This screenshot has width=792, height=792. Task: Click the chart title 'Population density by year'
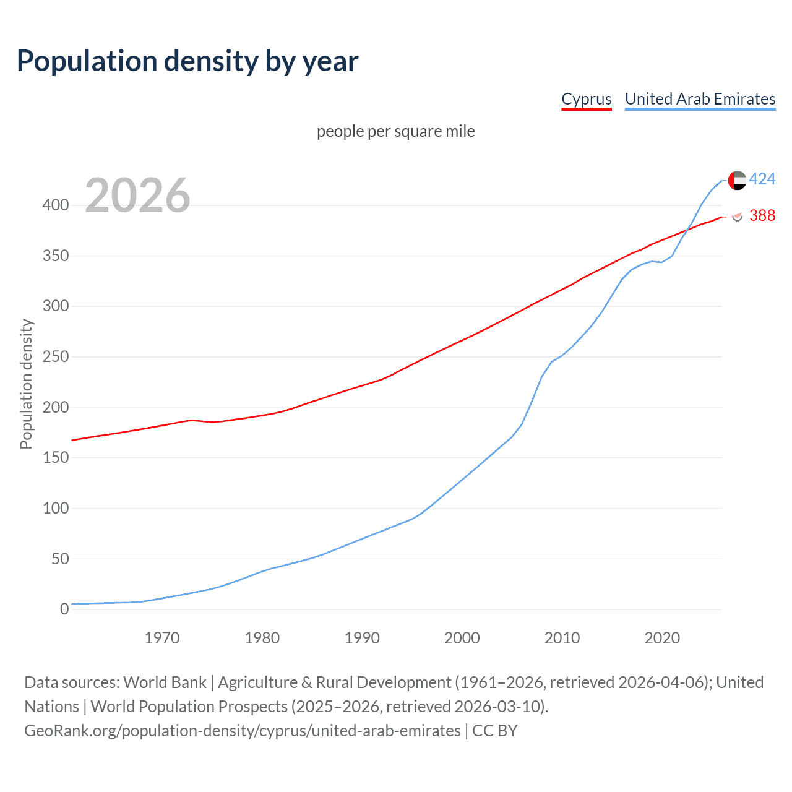click(x=187, y=61)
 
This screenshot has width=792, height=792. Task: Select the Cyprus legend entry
click(x=586, y=99)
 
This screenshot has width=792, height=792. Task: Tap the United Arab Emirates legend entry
click(x=700, y=99)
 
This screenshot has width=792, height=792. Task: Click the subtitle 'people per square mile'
click(x=395, y=132)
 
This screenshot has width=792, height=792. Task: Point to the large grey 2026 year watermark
click(x=137, y=196)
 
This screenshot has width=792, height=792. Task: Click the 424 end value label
click(x=762, y=179)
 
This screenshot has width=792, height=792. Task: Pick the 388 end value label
click(x=762, y=215)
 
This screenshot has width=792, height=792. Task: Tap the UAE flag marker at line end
click(x=737, y=180)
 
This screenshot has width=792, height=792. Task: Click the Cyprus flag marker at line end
click(x=737, y=216)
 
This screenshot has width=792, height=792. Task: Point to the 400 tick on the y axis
click(x=56, y=205)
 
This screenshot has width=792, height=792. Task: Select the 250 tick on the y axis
click(x=56, y=357)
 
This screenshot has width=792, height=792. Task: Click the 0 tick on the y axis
click(x=64, y=609)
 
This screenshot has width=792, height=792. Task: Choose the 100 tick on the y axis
click(x=56, y=509)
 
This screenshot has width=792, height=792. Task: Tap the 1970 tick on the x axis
click(x=162, y=638)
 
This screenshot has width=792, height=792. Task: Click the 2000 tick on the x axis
click(x=462, y=638)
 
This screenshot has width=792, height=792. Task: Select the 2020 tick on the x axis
click(x=662, y=638)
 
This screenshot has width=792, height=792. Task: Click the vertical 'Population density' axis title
click(x=26, y=384)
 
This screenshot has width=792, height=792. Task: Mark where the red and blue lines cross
click(x=687, y=231)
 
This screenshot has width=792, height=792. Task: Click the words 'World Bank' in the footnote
click(x=165, y=682)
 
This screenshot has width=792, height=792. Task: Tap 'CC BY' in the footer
click(x=494, y=731)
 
